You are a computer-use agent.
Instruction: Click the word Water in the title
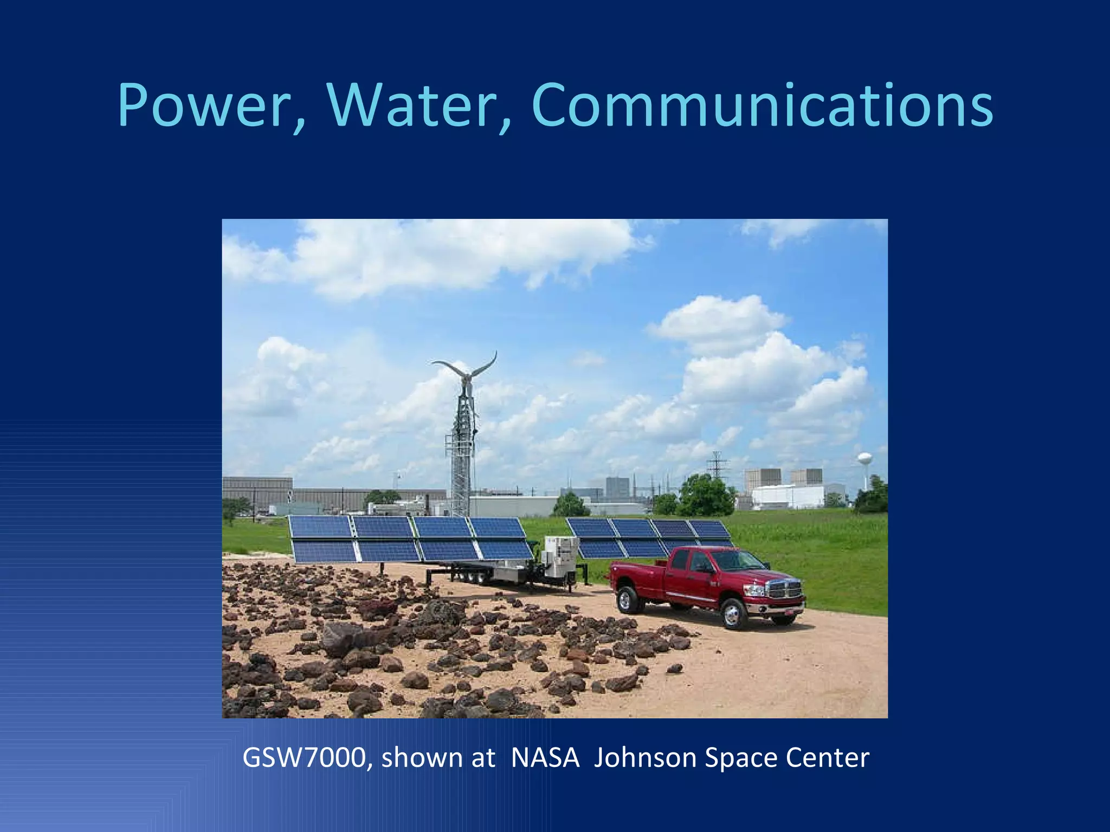pos(412,106)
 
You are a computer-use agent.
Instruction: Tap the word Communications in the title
pos(762,106)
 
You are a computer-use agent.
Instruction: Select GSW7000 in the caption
pos(304,758)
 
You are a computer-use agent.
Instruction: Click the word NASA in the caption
pos(545,758)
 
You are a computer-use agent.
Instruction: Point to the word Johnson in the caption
pos(644,758)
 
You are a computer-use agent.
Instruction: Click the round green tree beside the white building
pos(705,496)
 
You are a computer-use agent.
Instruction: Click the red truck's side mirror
pos(705,568)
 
